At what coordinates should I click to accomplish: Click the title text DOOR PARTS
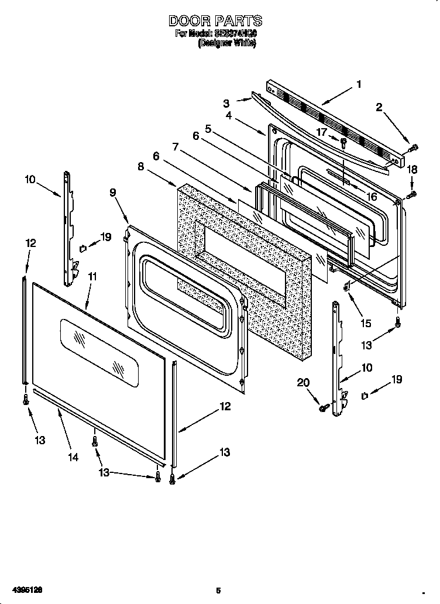click(x=215, y=21)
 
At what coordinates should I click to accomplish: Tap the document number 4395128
click(x=17, y=590)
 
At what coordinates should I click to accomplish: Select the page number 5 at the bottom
click(x=218, y=590)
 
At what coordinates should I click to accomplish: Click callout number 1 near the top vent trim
click(x=358, y=84)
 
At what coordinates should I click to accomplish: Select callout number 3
click(x=226, y=104)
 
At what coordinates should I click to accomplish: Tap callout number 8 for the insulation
click(x=140, y=166)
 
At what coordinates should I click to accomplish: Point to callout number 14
click(x=73, y=458)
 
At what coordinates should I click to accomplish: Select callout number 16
click(x=372, y=197)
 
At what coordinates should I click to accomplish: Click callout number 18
click(x=412, y=169)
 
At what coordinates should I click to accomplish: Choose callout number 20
click(x=302, y=383)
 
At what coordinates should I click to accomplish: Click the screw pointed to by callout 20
click(x=322, y=408)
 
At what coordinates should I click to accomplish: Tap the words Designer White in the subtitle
click(x=227, y=43)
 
